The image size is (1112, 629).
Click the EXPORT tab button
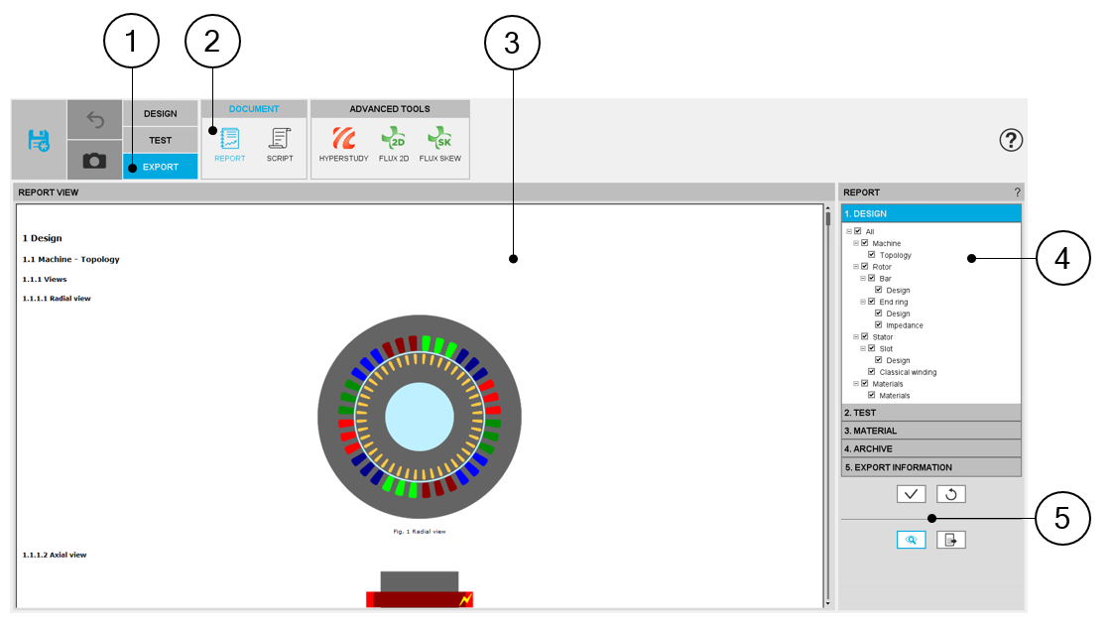tap(161, 167)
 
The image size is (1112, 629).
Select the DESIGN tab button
tap(161, 113)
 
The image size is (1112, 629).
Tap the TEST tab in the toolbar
tap(161, 141)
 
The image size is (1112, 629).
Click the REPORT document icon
tap(230, 138)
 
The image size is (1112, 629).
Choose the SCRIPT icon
tap(280, 138)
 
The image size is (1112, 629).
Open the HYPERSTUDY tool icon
tap(344, 138)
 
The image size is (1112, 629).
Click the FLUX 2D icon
tap(394, 138)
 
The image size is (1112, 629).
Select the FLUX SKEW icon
tap(439, 138)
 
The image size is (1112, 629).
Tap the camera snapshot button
tap(94, 161)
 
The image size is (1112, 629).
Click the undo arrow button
tap(94, 120)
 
